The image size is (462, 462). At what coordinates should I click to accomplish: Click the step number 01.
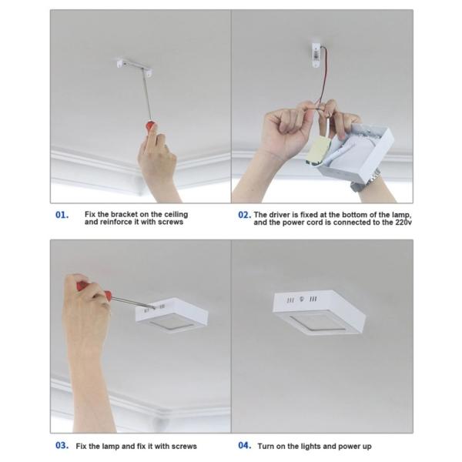point(62,215)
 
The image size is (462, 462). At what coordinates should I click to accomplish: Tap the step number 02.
point(245,215)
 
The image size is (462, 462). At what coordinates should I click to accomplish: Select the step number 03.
point(62,445)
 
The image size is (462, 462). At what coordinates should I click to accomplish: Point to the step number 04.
point(245,445)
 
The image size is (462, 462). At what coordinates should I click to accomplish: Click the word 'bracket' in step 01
point(124,214)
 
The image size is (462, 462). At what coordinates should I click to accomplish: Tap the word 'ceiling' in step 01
point(176,215)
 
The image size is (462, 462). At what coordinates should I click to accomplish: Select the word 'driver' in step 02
point(280,215)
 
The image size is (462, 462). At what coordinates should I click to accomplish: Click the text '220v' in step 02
point(403,223)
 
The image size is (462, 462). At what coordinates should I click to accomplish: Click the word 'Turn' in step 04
point(266,446)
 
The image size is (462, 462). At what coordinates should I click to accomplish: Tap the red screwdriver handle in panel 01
point(150,126)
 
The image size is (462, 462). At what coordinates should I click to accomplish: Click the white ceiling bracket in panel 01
point(134,67)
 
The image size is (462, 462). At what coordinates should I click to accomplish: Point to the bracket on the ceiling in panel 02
point(316,55)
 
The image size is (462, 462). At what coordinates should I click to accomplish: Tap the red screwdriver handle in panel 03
point(94,290)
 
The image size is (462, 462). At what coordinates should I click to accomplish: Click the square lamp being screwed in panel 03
point(172,315)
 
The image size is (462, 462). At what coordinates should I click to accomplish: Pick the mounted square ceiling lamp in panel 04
point(319,313)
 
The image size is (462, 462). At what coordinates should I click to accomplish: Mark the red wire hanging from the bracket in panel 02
point(326,77)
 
